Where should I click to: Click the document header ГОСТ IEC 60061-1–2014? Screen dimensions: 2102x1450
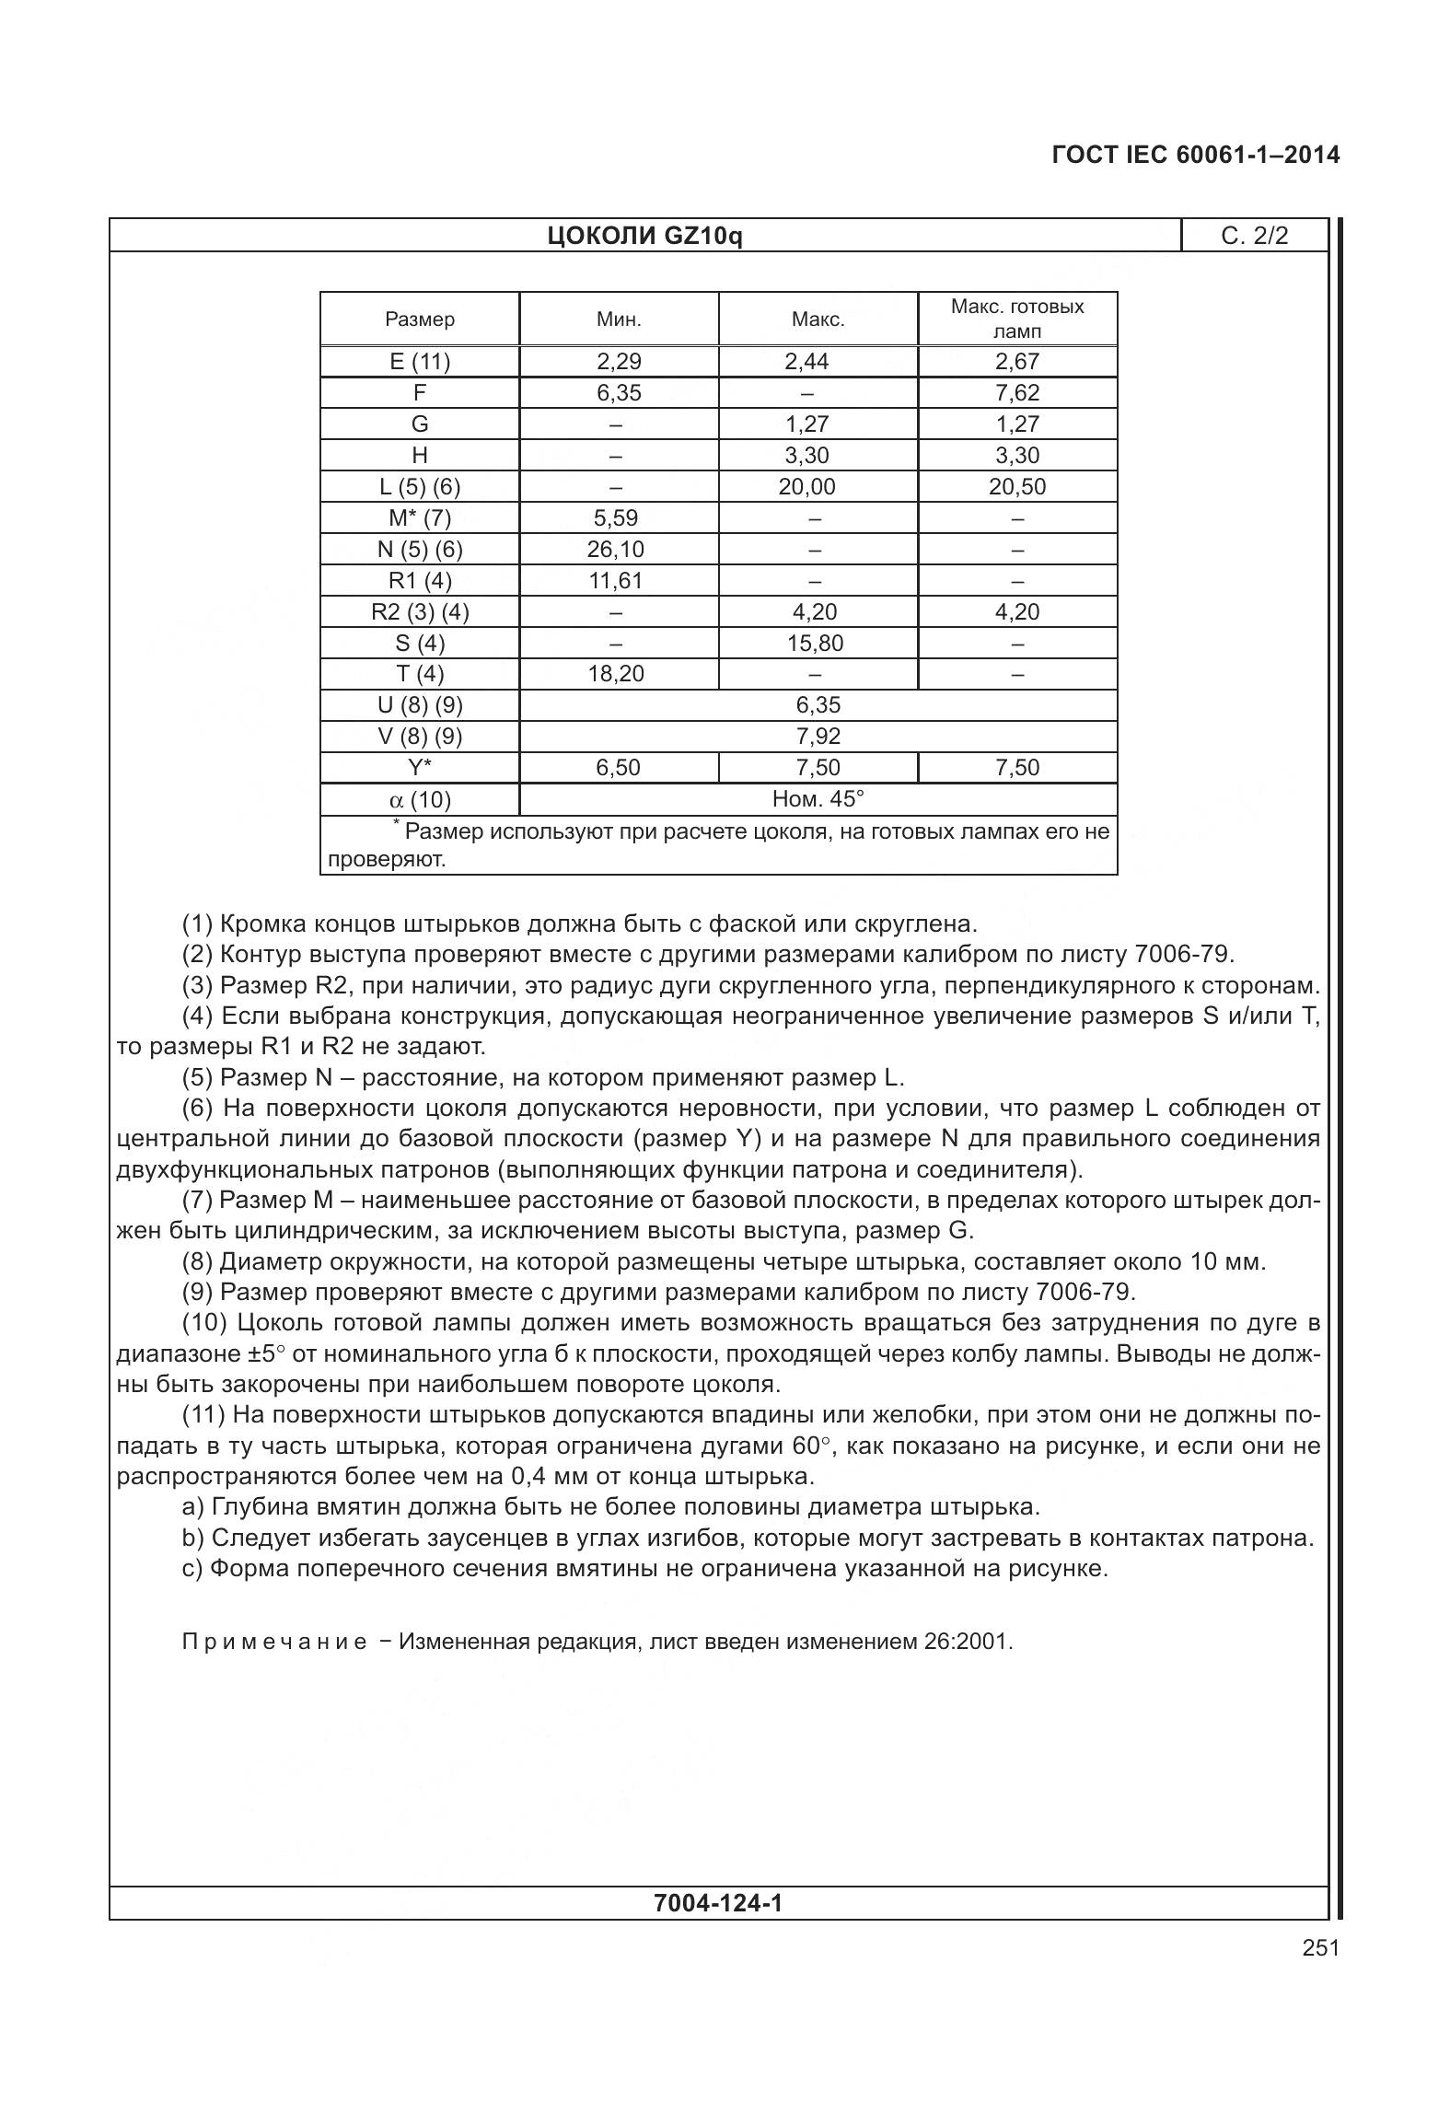(1195, 155)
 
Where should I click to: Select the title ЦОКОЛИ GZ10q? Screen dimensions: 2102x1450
(644, 237)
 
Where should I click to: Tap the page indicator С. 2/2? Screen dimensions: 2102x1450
(1254, 237)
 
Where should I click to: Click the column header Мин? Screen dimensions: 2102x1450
(619, 319)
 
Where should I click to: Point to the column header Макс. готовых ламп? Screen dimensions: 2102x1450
(1017, 319)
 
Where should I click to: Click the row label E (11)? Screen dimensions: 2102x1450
(420, 362)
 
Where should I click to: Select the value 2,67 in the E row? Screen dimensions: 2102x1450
(1017, 362)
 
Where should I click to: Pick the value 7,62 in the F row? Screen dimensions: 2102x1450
(1017, 393)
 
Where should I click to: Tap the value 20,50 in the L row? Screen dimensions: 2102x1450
(1017, 487)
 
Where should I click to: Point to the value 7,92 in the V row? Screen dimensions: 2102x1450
(818, 737)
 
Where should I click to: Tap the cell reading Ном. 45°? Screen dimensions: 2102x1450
(818, 799)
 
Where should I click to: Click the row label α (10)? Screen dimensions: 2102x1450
(420, 800)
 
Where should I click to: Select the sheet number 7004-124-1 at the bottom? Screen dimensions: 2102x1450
(718, 1903)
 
